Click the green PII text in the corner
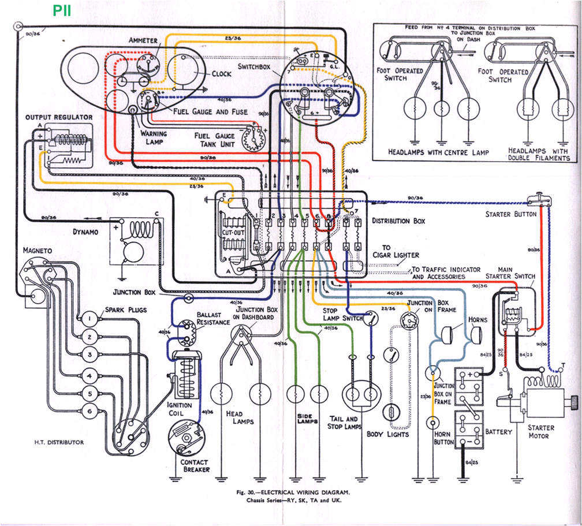click(x=62, y=11)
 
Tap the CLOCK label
click(x=221, y=74)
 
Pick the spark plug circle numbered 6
click(x=89, y=411)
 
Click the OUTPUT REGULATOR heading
click(x=58, y=117)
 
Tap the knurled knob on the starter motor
click(x=573, y=401)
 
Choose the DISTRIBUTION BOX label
click(x=399, y=221)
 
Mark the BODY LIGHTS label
click(x=387, y=434)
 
